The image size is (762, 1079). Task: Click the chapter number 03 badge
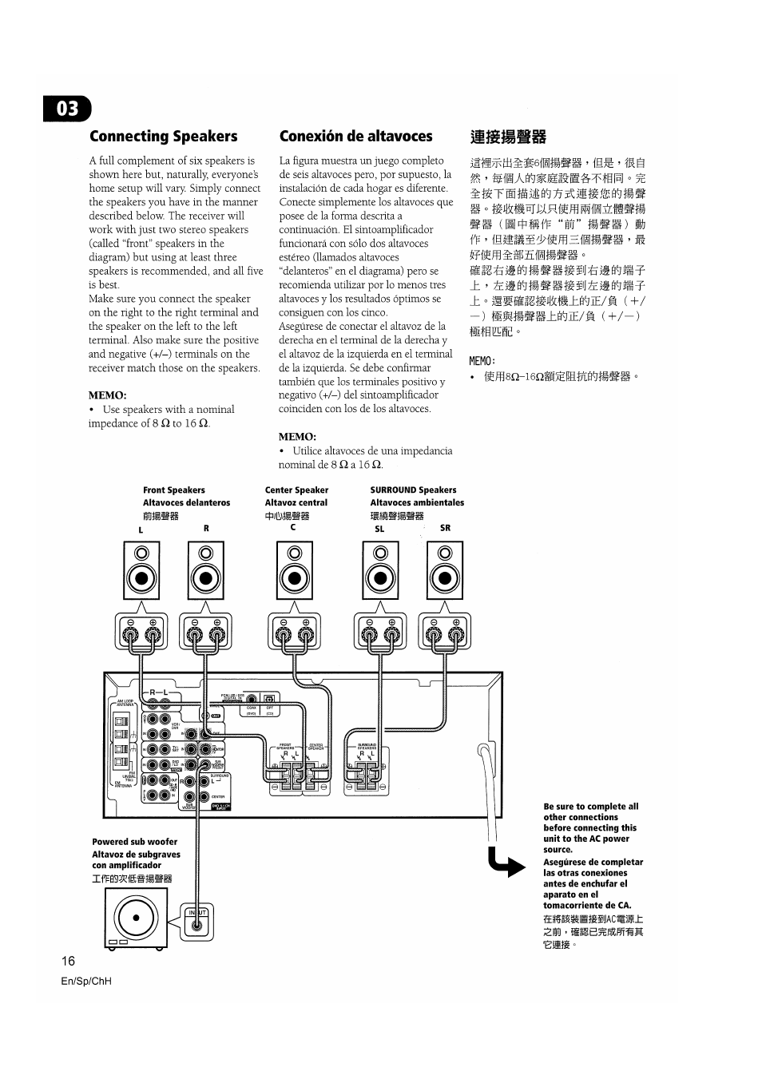point(68,109)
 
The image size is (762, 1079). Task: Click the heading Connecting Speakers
point(163,137)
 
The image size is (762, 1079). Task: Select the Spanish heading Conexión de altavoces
point(355,137)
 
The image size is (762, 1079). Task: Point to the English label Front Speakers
point(173,490)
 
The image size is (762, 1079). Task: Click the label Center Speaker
point(296,490)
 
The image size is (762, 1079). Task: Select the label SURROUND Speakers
point(413,490)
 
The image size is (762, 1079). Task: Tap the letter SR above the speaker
point(445,528)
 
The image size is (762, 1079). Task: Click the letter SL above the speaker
point(379,529)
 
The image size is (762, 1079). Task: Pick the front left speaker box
point(141,570)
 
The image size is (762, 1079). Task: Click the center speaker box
point(295,570)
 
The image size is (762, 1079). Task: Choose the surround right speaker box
point(445,570)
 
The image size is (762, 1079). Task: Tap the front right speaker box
point(206,570)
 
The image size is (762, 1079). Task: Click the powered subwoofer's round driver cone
point(136,917)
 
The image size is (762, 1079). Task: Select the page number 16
point(68,961)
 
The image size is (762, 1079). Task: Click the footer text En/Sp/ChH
point(86,981)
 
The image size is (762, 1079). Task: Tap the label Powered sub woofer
point(134,842)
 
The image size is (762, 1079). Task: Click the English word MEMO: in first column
point(107,395)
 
